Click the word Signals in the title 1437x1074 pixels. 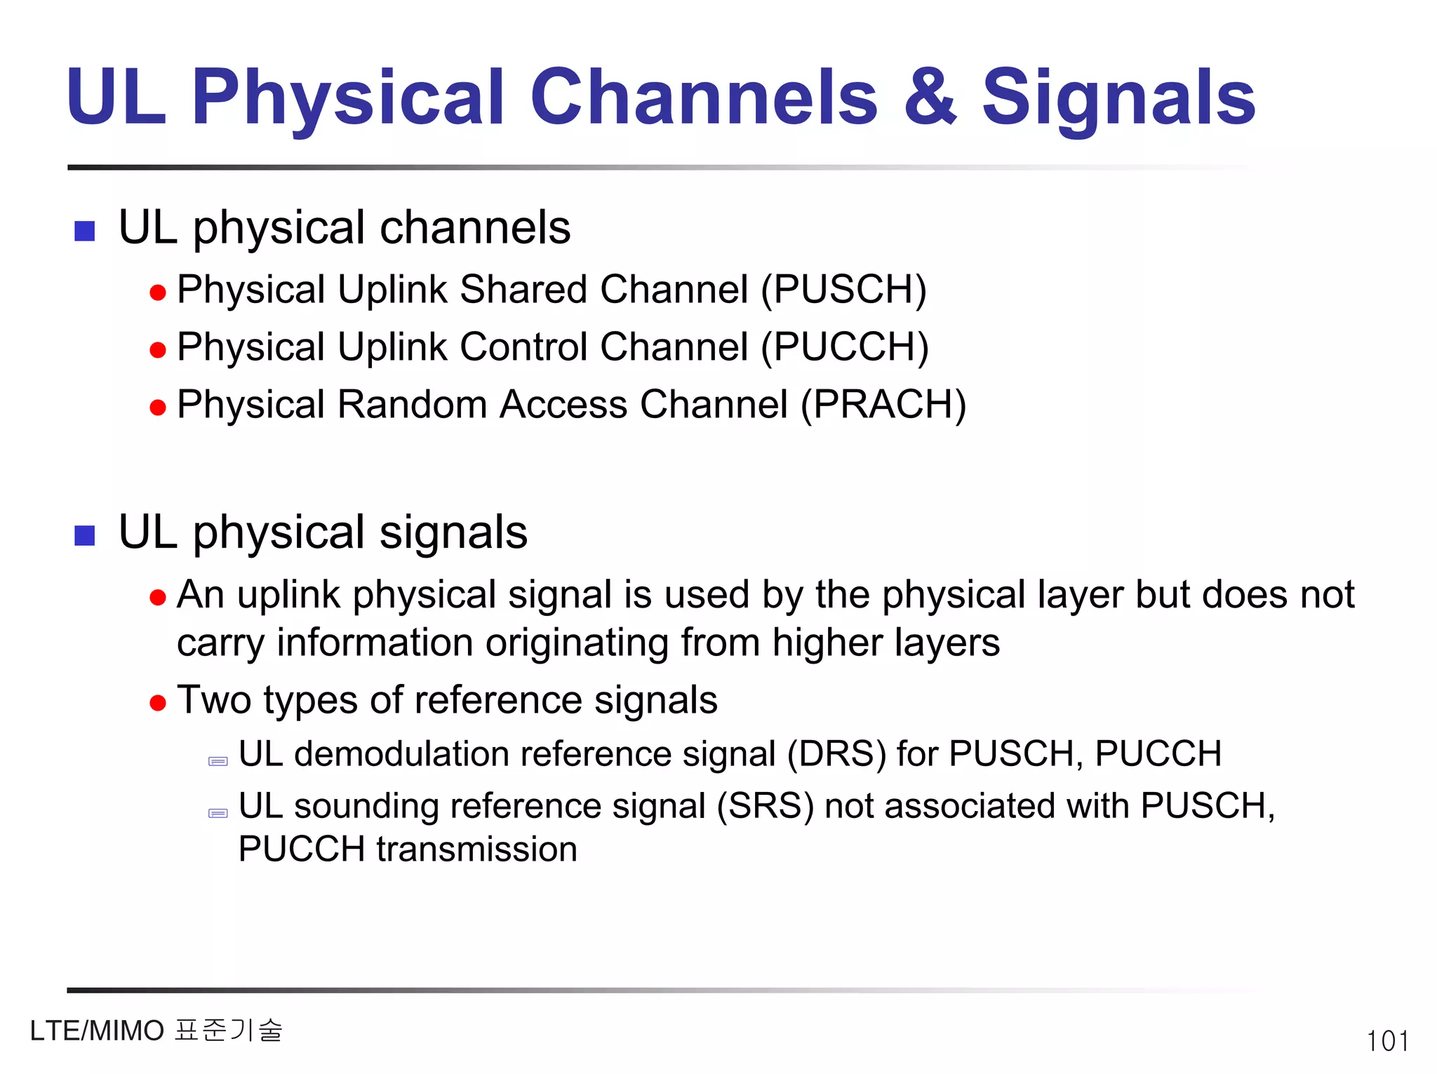tap(1118, 98)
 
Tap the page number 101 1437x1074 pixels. tap(1387, 1041)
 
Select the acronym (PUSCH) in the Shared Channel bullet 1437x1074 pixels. tap(844, 289)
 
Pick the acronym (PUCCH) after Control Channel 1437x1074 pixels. tap(845, 347)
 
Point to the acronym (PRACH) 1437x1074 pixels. tap(883, 404)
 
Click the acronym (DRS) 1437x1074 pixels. tap(836, 754)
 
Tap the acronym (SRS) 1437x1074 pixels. tap(765, 806)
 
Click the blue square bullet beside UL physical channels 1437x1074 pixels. tap(85, 231)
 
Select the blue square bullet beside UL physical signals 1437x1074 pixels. tap(85, 535)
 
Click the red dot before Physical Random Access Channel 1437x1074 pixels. tap(158, 407)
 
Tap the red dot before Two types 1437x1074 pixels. tap(158, 702)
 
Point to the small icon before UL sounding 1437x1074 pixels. tap(218, 814)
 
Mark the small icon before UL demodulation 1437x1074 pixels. tap(218, 762)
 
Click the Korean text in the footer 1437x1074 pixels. tap(229, 1031)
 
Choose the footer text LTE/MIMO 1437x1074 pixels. tap(97, 1031)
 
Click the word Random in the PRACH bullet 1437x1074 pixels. tap(413, 404)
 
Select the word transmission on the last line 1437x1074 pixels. tap(476, 850)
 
